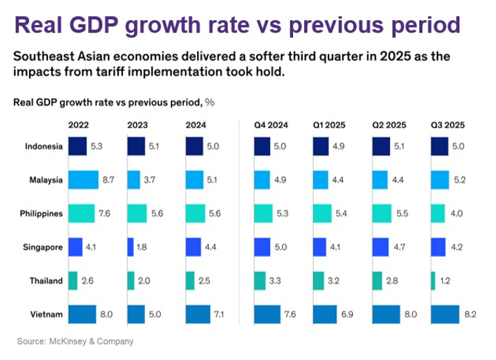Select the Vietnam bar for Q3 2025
pyautogui.click(x=444, y=314)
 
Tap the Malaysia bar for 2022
pyautogui.click(x=83, y=180)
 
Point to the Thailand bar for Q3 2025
pyautogui.click(x=433, y=281)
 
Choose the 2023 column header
pyautogui.click(x=140, y=124)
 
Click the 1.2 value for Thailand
pyautogui.click(x=446, y=281)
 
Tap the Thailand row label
pyautogui.click(x=47, y=281)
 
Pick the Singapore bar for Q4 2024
pyautogui.click(x=264, y=247)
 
